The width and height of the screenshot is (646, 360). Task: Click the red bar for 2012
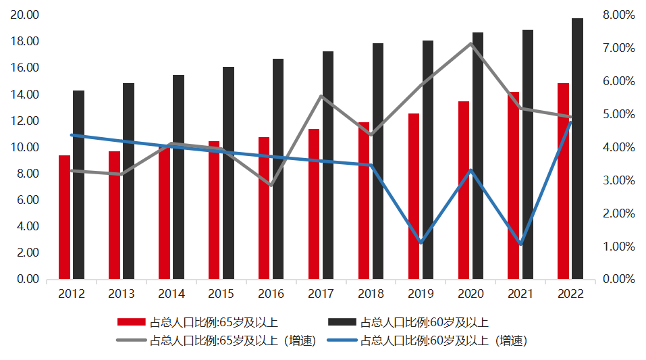[x=64, y=217]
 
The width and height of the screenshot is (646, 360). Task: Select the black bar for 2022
[x=578, y=149]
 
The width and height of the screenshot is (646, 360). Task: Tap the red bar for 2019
[x=414, y=196]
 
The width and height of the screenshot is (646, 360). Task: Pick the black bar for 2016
[x=278, y=169]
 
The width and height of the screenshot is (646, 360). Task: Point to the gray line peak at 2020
[x=470, y=44]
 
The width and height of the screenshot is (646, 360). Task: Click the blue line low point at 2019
[x=421, y=242]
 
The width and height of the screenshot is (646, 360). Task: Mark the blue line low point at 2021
[x=520, y=244]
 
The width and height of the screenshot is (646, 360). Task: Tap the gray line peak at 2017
[x=321, y=96]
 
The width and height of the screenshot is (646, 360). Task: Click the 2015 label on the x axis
[x=221, y=294]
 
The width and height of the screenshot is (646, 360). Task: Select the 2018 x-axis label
[x=371, y=294]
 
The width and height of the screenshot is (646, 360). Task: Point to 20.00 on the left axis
[x=24, y=15]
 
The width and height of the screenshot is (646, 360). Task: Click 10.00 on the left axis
[x=24, y=147]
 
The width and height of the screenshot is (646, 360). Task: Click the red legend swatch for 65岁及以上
[x=131, y=322]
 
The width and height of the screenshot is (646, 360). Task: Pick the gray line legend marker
[x=131, y=340]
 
